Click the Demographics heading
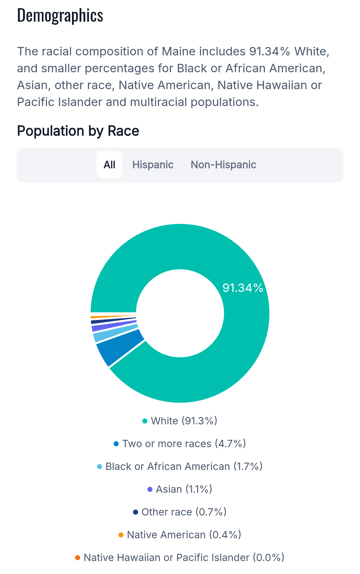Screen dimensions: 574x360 (60, 16)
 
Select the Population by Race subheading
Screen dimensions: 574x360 (78, 131)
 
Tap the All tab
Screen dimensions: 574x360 (109, 165)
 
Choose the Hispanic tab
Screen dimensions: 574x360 (153, 165)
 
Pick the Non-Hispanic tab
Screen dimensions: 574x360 (223, 165)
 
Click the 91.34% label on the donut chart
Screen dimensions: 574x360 (243, 288)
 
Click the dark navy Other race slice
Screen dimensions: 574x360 (112, 321)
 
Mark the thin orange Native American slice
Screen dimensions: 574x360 (112, 316)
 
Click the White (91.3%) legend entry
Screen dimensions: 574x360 (180, 421)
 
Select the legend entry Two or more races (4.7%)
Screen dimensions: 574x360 (180, 444)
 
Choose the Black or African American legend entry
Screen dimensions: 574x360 (180, 467)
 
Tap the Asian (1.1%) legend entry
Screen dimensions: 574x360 (180, 489)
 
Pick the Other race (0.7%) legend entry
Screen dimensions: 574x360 (180, 512)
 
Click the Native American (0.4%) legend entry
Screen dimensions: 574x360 (180, 535)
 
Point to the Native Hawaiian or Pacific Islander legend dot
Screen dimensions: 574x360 (78, 558)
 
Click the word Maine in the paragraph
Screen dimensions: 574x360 (179, 51)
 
